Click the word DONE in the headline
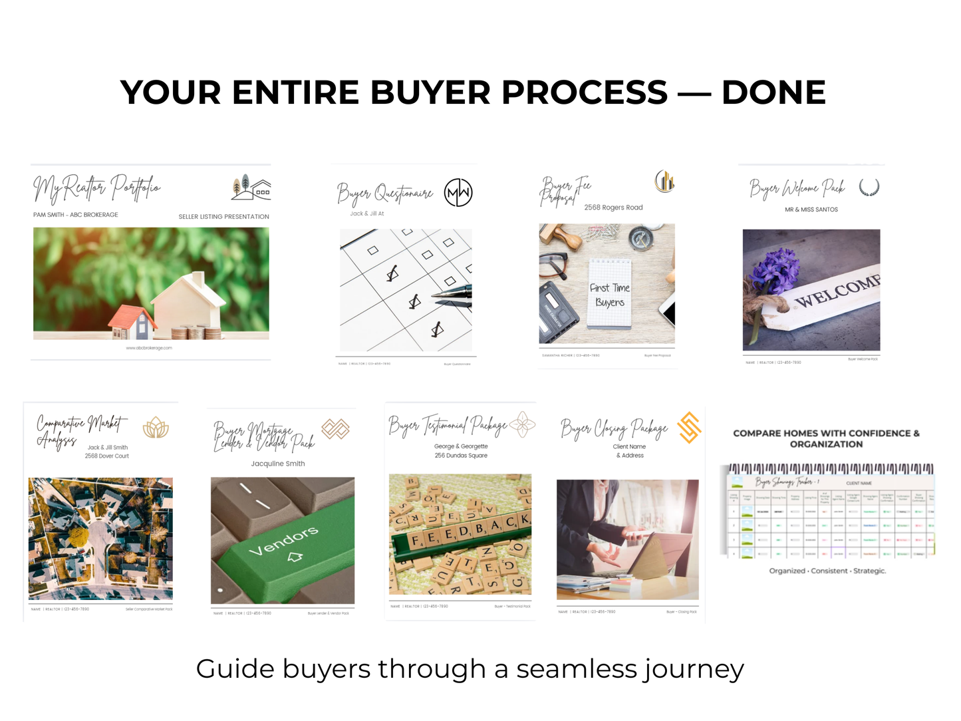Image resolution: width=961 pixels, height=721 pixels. pyautogui.click(x=773, y=92)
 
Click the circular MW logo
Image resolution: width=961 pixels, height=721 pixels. pyautogui.click(x=458, y=193)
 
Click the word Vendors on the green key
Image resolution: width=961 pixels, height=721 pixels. pyautogui.click(x=283, y=541)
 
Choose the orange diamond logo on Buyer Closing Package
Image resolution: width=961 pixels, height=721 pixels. pyautogui.click(x=689, y=428)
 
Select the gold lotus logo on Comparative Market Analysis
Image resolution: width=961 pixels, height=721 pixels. pyautogui.click(x=156, y=427)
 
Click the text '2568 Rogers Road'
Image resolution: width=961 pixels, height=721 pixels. pyautogui.click(x=613, y=208)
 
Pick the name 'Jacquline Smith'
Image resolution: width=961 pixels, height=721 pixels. pyautogui.click(x=278, y=464)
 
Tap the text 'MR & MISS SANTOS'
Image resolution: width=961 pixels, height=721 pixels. pyautogui.click(x=811, y=210)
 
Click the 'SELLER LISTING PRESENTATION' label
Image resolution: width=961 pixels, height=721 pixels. pyautogui.click(x=223, y=217)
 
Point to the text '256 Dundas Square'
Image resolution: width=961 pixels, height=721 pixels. pyautogui.click(x=461, y=456)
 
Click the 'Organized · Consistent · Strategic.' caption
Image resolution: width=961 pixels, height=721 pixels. pyautogui.click(x=827, y=571)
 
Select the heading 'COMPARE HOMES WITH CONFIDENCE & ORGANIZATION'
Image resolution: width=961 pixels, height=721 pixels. pyautogui.click(x=826, y=438)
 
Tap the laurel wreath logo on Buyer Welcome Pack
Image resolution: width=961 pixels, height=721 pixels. pyautogui.click(x=869, y=188)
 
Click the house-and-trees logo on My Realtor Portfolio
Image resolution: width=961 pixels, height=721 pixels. pyautogui.click(x=251, y=188)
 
